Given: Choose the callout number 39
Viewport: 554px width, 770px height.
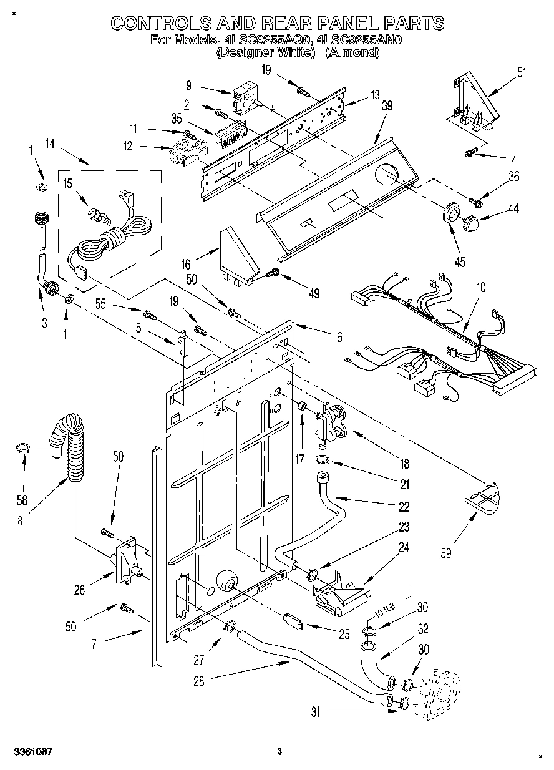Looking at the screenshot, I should click(x=387, y=106).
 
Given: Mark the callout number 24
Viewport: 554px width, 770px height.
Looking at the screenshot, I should click(x=404, y=548).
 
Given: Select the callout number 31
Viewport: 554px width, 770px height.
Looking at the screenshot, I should click(x=316, y=712).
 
